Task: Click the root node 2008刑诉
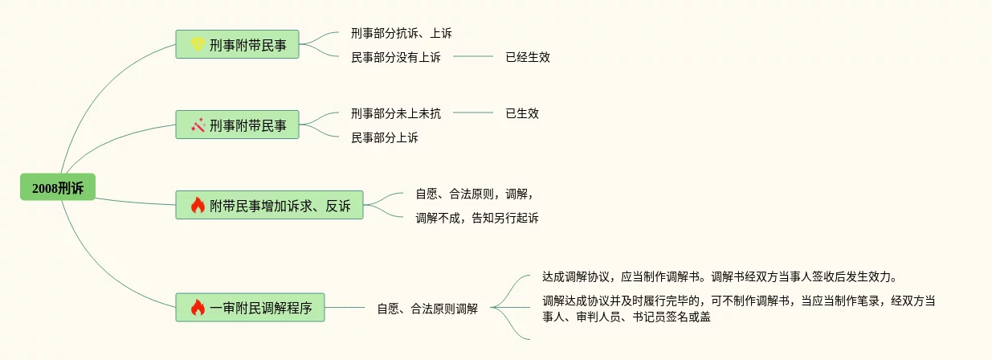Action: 58,187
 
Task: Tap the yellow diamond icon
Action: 198,44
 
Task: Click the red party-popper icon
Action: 198,125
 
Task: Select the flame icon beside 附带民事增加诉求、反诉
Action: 198,206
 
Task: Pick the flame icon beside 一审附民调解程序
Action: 198,307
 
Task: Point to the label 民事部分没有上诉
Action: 396,57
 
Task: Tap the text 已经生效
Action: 528,57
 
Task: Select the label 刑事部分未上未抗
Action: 396,113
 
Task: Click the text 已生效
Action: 522,113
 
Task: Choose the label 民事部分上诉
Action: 385,137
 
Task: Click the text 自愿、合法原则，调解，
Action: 474,194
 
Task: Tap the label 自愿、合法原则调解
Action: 427,308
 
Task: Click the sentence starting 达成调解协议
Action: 719,277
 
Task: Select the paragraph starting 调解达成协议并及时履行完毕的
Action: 739,309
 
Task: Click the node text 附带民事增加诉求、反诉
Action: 280,206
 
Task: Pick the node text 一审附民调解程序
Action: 261,307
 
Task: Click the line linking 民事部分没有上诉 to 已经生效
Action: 473,57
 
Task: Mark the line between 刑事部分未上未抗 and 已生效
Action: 473,113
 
